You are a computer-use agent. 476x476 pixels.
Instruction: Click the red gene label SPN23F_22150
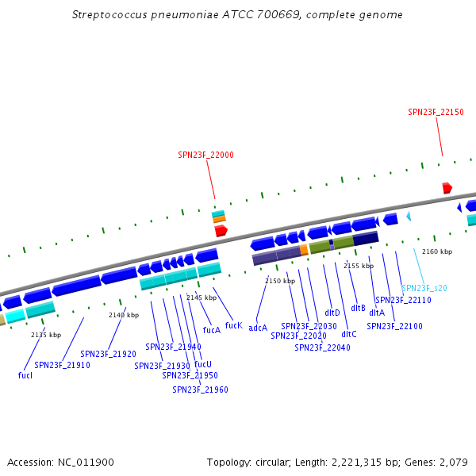click(x=436, y=113)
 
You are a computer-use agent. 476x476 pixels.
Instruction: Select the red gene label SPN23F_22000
click(x=205, y=155)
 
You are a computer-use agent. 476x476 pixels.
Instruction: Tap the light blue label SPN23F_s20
click(x=424, y=288)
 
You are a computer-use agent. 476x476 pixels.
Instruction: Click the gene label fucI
click(x=25, y=374)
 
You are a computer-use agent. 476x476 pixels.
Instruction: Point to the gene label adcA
click(x=258, y=327)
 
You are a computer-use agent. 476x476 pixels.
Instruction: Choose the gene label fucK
click(x=233, y=325)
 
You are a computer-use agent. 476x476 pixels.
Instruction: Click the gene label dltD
click(x=332, y=313)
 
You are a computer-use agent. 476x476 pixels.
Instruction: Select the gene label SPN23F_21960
click(x=200, y=390)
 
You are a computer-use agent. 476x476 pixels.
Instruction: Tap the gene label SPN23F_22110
click(x=403, y=300)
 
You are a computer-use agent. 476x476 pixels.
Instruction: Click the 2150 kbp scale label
click(x=280, y=281)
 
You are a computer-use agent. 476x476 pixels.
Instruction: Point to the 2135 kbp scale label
click(x=46, y=335)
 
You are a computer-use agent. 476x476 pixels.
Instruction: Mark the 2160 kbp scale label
click(x=437, y=251)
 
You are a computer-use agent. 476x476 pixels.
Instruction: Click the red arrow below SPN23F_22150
click(x=447, y=188)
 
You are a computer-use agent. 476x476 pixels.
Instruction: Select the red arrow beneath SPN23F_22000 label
click(x=221, y=230)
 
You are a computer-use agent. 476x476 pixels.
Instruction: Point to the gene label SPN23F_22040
click(x=322, y=347)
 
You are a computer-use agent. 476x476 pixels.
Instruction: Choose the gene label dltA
click(x=377, y=313)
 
